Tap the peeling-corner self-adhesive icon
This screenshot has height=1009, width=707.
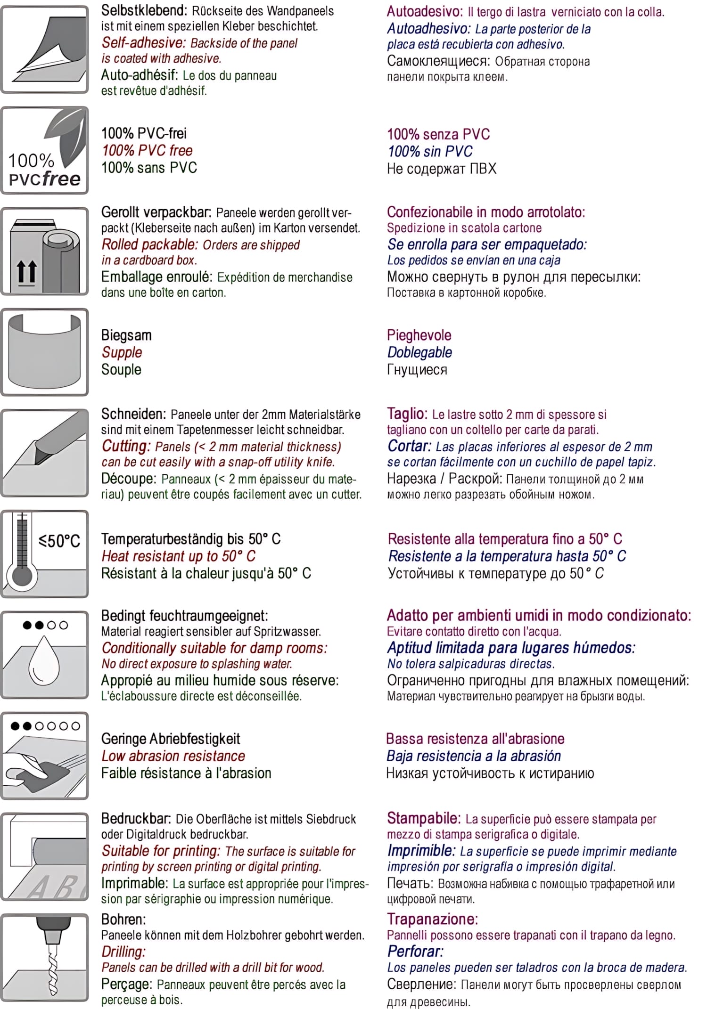coord(45,49)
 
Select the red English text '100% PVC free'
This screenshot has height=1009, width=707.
coord(147,151)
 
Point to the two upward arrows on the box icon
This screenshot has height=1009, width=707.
coord(26,272)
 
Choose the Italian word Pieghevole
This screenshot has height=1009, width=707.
coord(419,335)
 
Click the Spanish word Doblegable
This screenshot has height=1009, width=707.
coord(419,352)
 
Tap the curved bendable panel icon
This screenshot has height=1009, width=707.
coord(45,351)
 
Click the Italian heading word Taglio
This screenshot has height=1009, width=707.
coord(407,414)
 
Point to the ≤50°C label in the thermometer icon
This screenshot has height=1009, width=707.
coord(59,541)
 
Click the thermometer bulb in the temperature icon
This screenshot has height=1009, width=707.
coord(22,576)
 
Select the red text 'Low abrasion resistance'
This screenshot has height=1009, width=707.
coord(173,756)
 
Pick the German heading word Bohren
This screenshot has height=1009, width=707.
coord(123,919)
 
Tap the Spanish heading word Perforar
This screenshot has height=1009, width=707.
coord(415,952)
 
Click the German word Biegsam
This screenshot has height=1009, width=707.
coord(126,335)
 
